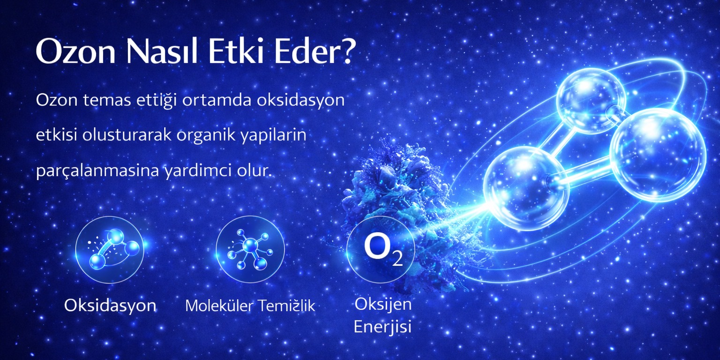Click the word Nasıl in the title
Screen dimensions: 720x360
pos(162,52)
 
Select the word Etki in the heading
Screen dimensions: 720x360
pos(236,52)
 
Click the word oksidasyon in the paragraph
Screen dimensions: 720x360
pos(300,100)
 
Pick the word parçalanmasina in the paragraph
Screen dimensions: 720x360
pos(97,170)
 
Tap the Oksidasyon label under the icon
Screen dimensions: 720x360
pos(110,305)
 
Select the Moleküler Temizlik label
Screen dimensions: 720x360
pos(250,306)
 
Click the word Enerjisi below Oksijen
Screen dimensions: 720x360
pos(382,327)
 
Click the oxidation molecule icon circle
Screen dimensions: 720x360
pos(110,249)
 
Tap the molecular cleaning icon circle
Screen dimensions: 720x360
pos(250,249)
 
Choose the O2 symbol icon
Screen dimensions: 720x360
pos(381,249)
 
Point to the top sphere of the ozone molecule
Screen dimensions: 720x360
pos(591,101)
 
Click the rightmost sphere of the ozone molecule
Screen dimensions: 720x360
pos(658,155)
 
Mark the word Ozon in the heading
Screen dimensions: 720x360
pos(76,52)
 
